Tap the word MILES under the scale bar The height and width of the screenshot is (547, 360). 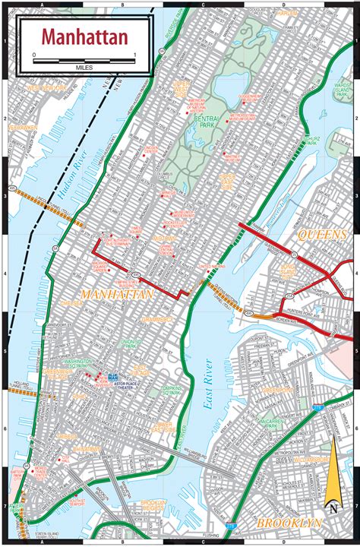[84, 67]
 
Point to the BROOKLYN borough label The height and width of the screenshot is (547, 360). [289, 523]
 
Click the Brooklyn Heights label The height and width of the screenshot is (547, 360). [158, 526]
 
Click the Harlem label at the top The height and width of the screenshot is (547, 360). [286, 14]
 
